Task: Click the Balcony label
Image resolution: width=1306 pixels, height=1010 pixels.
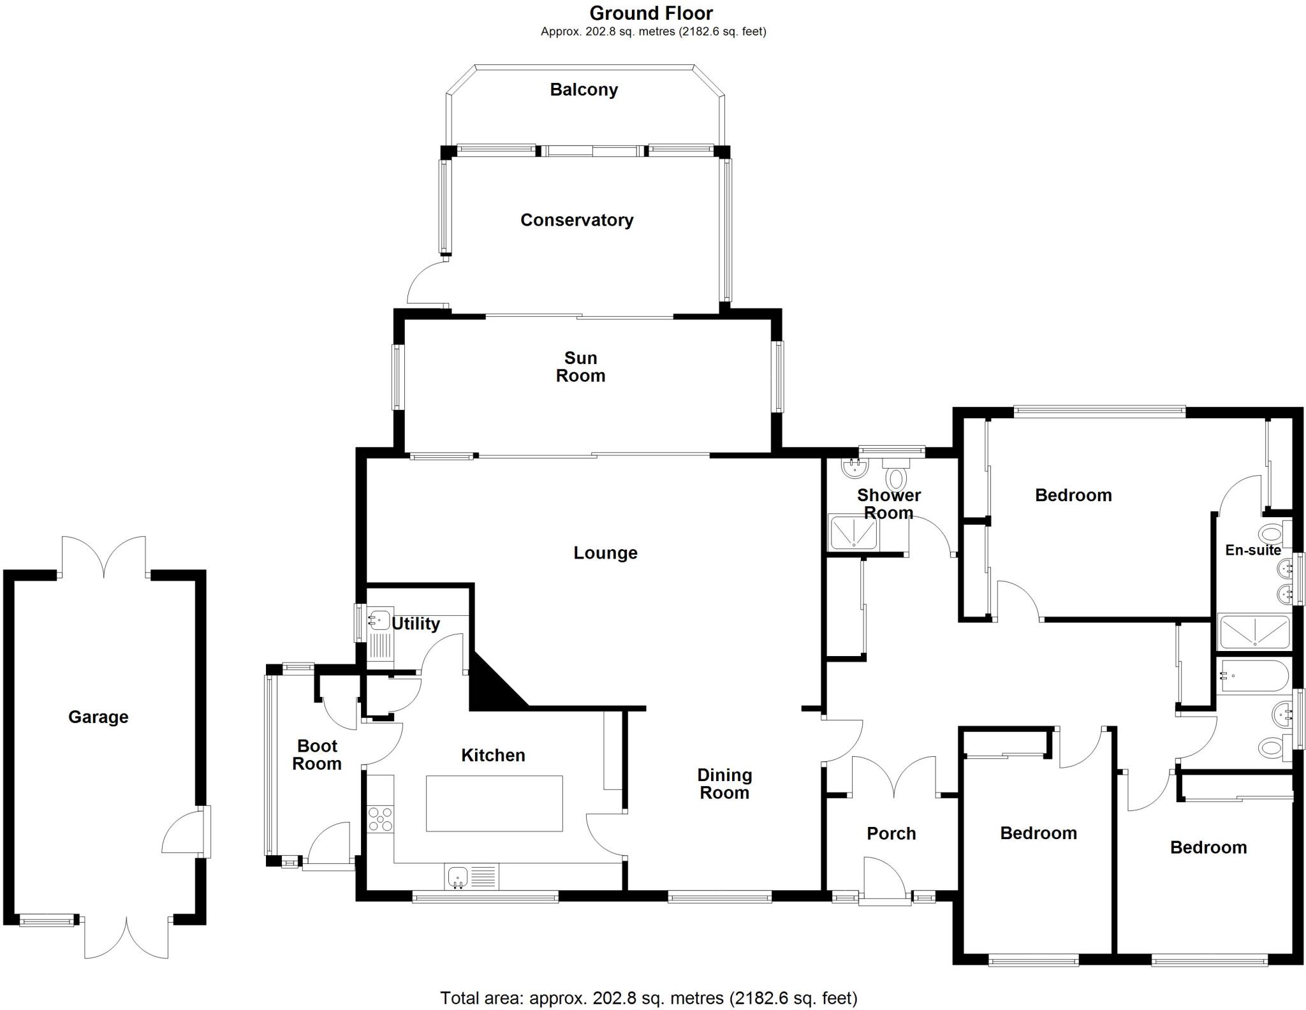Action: click(x=583, y=90)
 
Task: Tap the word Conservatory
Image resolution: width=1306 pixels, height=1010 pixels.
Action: click(x=576, y=220)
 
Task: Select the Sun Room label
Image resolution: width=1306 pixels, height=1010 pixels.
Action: click(x=580, y=367)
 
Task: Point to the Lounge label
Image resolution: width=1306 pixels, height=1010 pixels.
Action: click(x=605, y=553)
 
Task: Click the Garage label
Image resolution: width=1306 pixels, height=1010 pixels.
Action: click(x=98, y=717)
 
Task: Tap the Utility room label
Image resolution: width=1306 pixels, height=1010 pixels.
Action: click(x=416, y=624)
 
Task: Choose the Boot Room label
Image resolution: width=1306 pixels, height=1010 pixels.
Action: click(x=317, y=755)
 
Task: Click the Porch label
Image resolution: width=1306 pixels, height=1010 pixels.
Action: click(x=891, y=833)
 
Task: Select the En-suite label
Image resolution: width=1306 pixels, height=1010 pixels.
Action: click(x=1252, y=550)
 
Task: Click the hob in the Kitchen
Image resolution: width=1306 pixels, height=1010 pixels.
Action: click(x=381, y=819)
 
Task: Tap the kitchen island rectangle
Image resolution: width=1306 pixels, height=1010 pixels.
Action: click(x=494, y=803)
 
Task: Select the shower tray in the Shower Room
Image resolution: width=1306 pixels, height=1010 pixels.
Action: click(x=853, y=532)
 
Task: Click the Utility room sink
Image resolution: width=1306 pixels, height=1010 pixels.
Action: click(x=379, y=620)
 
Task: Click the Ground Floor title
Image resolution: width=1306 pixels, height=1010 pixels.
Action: click(x=651, y=13)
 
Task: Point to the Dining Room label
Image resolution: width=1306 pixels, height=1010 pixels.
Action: click(x=724, y=784)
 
